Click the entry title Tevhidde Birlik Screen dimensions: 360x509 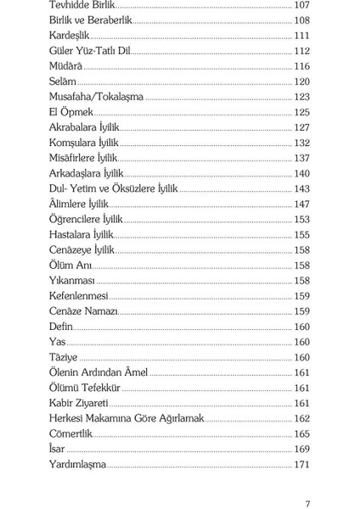click(83, 5)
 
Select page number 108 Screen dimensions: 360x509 click(301, 20)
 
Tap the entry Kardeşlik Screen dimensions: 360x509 click(69, 36)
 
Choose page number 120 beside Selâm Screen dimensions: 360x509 click(301, 81)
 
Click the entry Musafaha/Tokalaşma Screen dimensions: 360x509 click(97, 97)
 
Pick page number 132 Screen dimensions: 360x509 click(301, 143)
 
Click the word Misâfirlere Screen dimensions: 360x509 click(74, 158)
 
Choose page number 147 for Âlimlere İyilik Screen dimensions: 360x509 click(301, 204)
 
